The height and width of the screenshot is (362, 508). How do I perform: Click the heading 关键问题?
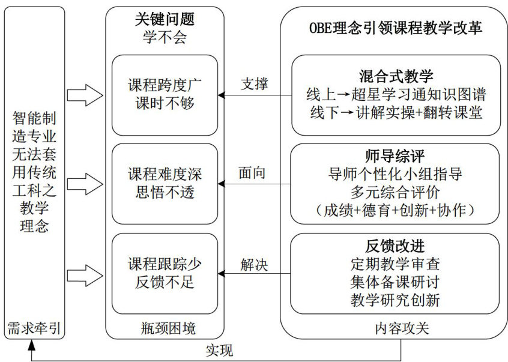165,20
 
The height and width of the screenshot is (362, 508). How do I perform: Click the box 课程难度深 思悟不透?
165,183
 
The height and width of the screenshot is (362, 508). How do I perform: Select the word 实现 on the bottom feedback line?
219,350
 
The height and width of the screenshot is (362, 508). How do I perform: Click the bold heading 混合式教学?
395,76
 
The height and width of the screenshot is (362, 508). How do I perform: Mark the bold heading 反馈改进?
395,246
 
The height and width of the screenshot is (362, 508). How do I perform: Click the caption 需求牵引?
34,328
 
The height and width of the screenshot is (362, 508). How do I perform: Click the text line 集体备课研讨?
395,282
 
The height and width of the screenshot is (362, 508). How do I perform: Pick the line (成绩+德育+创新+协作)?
395,210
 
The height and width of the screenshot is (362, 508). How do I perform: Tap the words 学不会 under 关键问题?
165,37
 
